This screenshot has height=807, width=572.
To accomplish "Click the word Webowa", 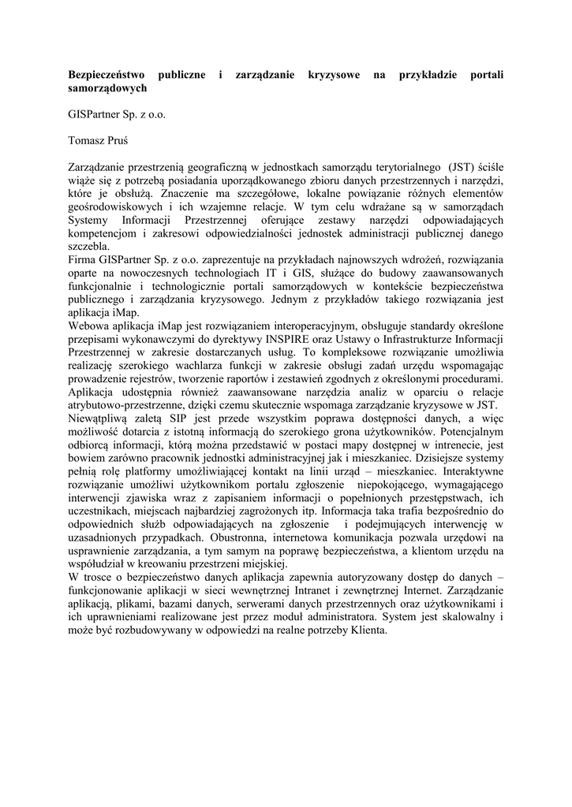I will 88,325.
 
